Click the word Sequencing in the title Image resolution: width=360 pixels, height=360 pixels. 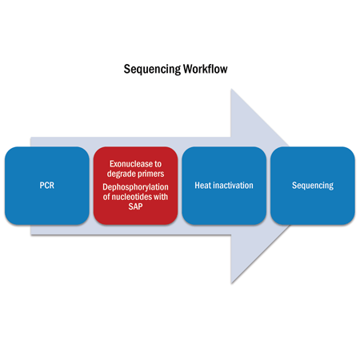(152, 70)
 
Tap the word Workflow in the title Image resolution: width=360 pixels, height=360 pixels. (206, 69)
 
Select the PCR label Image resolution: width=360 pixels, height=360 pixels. (47, 186)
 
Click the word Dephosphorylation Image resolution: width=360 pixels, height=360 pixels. (135, 187)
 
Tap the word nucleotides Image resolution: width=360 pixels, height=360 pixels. (131, 197)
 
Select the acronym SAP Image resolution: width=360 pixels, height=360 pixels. (135, 206)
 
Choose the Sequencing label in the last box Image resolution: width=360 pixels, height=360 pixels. (313, 186)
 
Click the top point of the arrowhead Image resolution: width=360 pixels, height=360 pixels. (231, 89)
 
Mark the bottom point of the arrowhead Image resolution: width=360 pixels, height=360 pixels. (231, 283)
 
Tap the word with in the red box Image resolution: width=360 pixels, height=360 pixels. (161, 197)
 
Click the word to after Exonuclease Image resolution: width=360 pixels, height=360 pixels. (158, 164)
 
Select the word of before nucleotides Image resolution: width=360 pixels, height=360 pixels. (106, 197)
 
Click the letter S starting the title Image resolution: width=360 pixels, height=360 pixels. (126, 69)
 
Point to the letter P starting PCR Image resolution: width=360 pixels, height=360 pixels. (42, 186)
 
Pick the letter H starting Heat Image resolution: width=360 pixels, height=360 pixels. (197, 186)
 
